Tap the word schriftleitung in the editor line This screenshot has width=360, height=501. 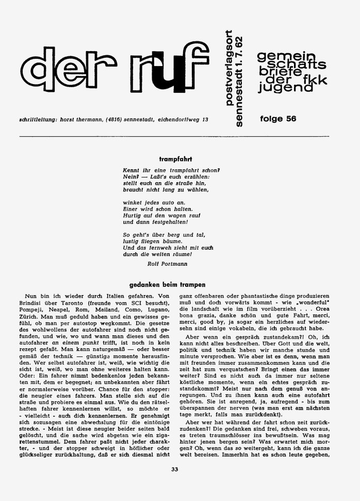pyautogui.click(x=37, y=120)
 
